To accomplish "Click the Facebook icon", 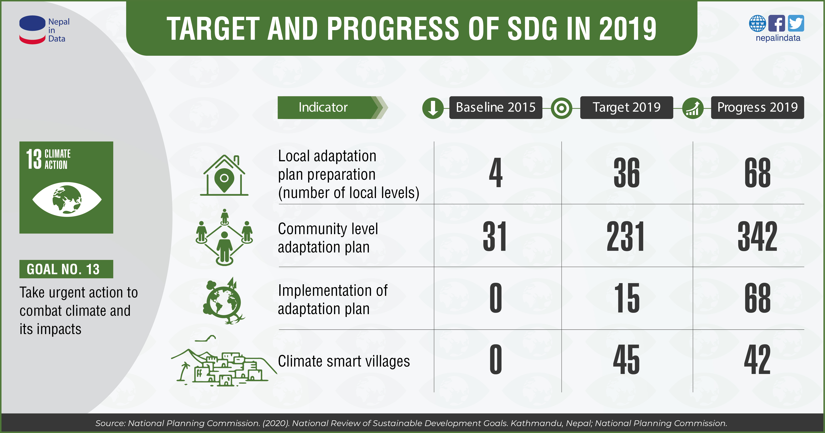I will (x=777, y=23).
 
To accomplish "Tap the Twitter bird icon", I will (x=796, y=23).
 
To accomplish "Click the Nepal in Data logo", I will (x=44, y=30).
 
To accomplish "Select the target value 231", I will (x=626, y=236).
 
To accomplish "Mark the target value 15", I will (x=626, y=298).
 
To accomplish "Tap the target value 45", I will (x=626, y=360).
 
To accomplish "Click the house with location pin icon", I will (x=224, y=175).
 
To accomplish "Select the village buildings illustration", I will (x=224, y=365).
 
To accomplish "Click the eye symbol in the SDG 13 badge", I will (x=67, y=199).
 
